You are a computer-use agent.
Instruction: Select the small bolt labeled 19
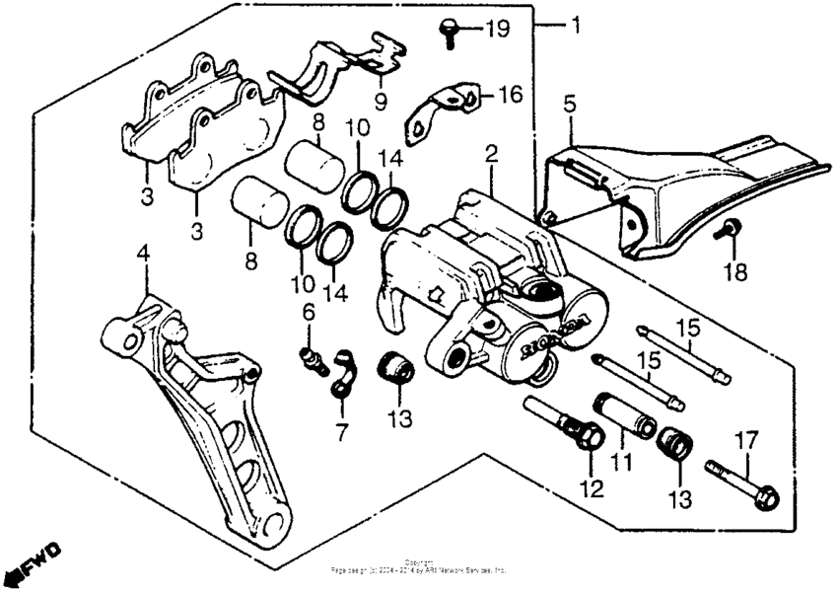click(449, 31)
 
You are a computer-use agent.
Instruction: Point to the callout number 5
click(569, 103)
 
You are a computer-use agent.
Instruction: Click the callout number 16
click(509, 95)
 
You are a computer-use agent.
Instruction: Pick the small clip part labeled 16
click(444, 109)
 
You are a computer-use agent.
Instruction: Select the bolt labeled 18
click(728, 232)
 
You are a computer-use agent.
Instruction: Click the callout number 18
click(736, 270)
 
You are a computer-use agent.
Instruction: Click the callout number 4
click(144, 254)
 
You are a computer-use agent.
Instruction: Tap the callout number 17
click(745, 441)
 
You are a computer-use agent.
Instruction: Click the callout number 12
click(590, 488)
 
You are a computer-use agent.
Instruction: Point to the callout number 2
click(490, 153)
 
